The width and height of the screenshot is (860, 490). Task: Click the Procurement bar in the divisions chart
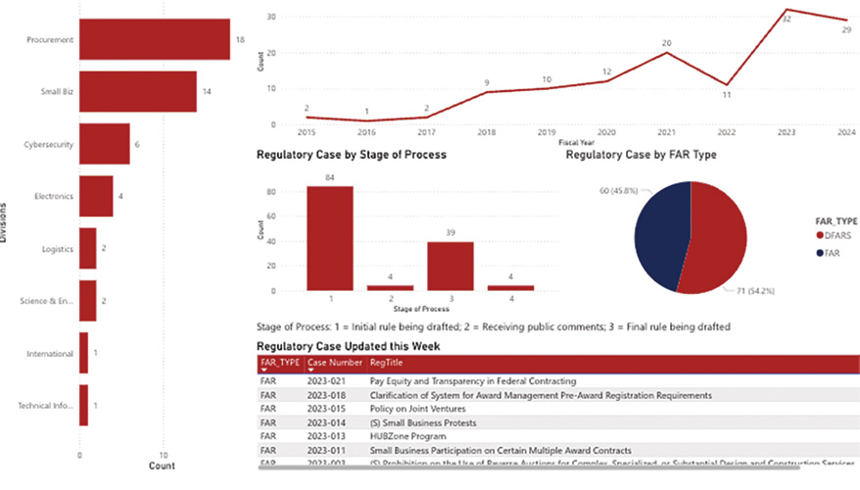tap(154, 40)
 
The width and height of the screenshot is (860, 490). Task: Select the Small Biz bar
tap(137, 92)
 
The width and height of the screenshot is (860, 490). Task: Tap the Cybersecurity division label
tap(48, 144)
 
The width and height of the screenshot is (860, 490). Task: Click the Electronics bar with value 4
tap(96, 196)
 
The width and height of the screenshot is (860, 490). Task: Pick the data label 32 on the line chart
tap(787, 19)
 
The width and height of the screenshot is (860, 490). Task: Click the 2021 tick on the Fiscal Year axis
tap(667, 131)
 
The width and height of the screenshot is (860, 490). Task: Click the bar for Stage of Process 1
tap(330, 238)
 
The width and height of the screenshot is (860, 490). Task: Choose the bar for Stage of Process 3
tap(450, 266)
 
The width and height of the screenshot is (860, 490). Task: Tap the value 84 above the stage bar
tap(330, 177)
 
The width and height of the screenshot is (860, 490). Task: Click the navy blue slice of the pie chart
tap(660, 235)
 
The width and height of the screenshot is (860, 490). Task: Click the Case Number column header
tap(334, 363)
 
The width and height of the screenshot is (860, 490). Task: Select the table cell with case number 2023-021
tap(324, 380)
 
